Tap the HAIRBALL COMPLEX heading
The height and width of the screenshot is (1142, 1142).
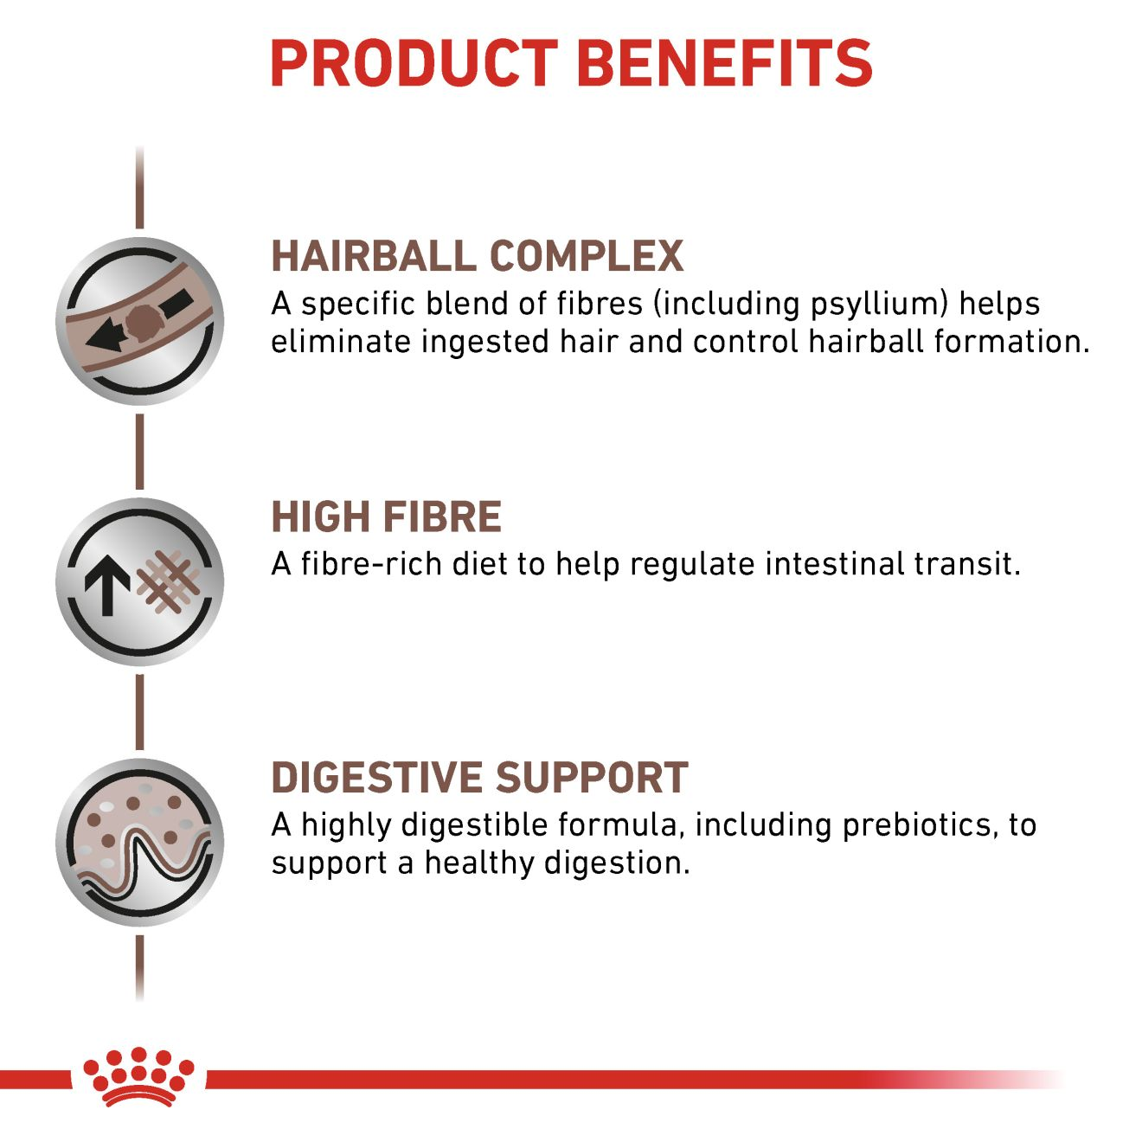(477, 256)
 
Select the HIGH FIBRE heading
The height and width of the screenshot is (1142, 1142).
(386, 517)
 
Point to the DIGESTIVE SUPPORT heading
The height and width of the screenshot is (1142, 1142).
(479, 778)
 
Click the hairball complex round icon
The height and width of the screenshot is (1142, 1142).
(140, 321)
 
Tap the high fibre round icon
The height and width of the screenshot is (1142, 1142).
(140, 581)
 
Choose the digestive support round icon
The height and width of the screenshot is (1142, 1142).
(140, 843)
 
